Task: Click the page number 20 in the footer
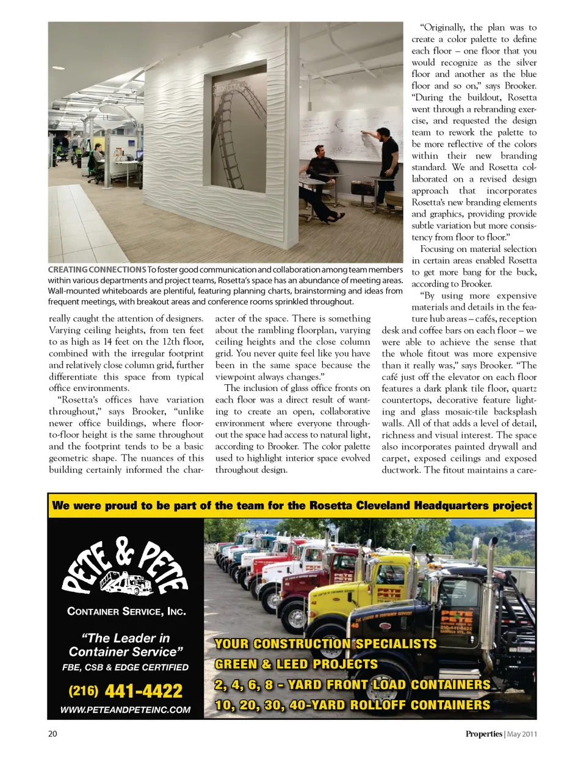(52, 734)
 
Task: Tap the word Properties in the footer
(483, 734)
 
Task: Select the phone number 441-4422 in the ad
(143, 691)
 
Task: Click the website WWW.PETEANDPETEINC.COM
(125, 710)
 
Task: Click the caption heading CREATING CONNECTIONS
(97, 270)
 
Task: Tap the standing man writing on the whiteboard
(387, 165)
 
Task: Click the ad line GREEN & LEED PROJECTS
(296, 664)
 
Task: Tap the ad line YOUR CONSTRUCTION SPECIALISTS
(325, 644)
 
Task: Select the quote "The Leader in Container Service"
(125, 645)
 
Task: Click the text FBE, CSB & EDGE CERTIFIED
(125, 667)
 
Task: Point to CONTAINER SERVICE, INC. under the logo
(126, 611)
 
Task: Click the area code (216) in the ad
(83, 691)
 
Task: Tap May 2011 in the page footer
(523, 734)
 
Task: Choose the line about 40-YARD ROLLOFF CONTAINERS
(352, 705)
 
